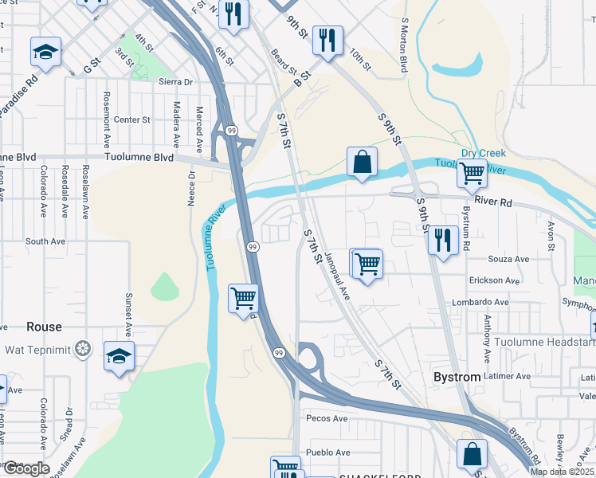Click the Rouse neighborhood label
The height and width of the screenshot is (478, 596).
coord(44,327)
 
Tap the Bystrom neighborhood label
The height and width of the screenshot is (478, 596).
coord(458,375)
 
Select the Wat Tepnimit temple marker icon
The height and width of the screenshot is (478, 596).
coord(82,348)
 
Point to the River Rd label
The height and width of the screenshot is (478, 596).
coord(493,202)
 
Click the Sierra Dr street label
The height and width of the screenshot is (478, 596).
coord(176,82)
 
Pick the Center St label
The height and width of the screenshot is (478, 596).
coord(131,119)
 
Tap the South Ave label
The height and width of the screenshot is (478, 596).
coord(45,241)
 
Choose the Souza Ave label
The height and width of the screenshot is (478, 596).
coord(510,259)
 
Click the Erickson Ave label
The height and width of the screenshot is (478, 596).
coord(497,280)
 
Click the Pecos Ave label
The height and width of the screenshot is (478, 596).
coord(327,418)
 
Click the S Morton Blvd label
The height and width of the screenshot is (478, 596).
coord(405,47)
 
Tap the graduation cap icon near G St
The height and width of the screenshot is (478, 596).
coord(46,52)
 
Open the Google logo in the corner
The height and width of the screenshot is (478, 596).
coord(26,468)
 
